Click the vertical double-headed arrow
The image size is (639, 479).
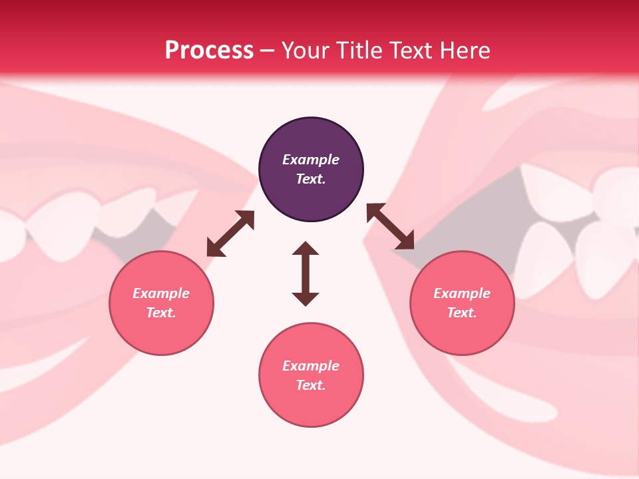click(x=306, y=273)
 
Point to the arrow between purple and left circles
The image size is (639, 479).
click(x=230, y=234)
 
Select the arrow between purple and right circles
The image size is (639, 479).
click(x=390, y=227)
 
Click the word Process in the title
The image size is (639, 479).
click(x=209, y=50)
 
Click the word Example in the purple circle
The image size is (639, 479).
click(x=311, y=160)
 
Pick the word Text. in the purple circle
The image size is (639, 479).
click(x=311, y=179)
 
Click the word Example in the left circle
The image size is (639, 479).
click(x=161, y=293)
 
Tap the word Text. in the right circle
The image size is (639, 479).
click(x=462, y=313)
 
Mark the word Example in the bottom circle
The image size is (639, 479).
click(x=311, y=366)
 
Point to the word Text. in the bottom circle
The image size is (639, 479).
click(x=311, y=385)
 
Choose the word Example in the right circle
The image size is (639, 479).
click(x=462, y=293)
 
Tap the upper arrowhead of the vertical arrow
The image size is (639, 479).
click(x=306, y=249)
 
